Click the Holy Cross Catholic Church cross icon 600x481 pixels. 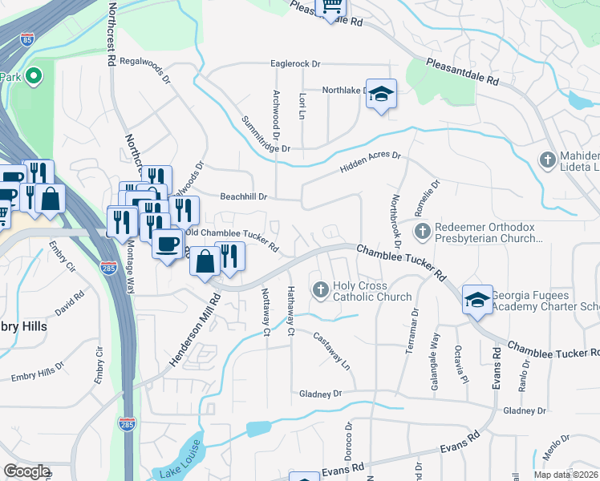(321, 289)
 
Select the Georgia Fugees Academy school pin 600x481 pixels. (476, 301)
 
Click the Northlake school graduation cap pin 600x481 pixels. (382, 93)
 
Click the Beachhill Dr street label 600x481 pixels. (244, 196)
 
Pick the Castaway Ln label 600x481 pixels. (332, 350)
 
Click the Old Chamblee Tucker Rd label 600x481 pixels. (232, 237)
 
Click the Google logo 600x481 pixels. (26, 471)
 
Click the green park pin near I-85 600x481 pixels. (33, 77)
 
